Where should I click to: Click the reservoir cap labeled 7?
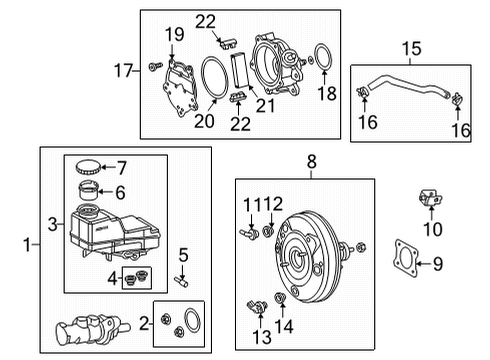(x=88, y=167)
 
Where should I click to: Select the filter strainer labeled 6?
(x=88, y=190)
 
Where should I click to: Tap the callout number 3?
(x=53, y=224)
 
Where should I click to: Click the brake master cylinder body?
(x=91, y=331)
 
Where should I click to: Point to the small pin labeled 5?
(x=181, y=282)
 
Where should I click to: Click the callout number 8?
(x=311, y=162)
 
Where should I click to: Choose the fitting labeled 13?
(x=257, y=307)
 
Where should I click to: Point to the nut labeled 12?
(x=268, y=231)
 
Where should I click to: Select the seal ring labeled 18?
(x=323, y=57)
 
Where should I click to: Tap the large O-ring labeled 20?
(x=214, y=78)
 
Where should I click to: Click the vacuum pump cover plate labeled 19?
(x=180, y=87)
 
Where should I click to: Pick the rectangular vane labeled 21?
(x=240, y=70)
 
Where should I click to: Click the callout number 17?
(x=123, y=71)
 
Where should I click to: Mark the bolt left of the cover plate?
(x=155, y=66)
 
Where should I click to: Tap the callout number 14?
(x=284, y=326)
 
